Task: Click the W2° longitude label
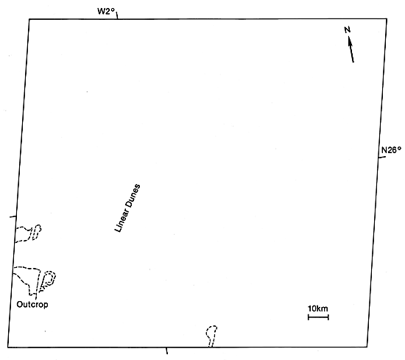[105, 12]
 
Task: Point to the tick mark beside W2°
[117, 15]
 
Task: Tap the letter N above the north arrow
[348, 29]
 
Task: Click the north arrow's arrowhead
[350, 40]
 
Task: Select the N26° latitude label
[392, 149]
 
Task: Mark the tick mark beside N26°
[382, 158]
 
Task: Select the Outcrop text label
[32, 305]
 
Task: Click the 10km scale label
[318, 308]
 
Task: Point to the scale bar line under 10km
[318, 317]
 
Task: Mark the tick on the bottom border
[167, 350]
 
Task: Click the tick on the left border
[13, 216]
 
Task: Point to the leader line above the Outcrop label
[36, 297]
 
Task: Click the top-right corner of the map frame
[387, 19]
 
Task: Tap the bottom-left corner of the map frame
[8, 347]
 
